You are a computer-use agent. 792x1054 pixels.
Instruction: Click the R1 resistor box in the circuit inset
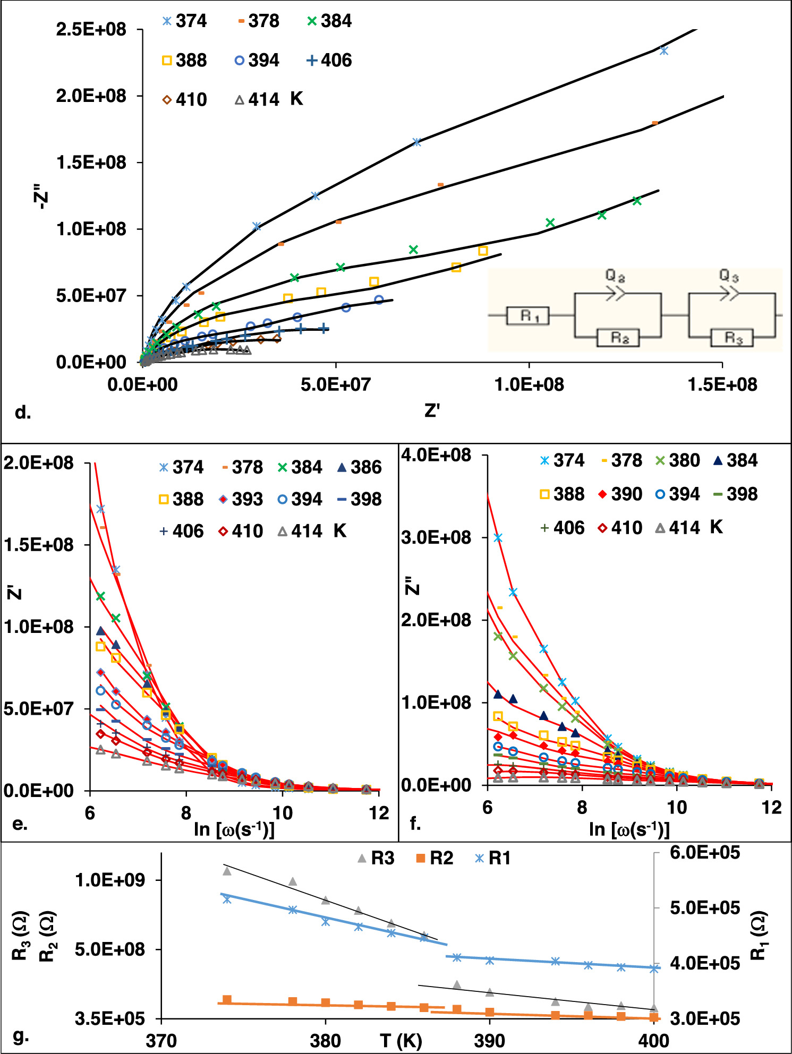coord(528,316)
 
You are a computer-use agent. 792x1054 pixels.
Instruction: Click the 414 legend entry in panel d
coord(257,99)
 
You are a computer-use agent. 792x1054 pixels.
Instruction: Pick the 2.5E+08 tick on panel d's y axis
coord(91,29)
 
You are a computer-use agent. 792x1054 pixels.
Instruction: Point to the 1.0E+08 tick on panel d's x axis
coord(529,384)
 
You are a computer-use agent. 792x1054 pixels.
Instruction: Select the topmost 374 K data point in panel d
coord(663,51)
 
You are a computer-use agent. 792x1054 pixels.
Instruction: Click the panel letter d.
coord(23,412)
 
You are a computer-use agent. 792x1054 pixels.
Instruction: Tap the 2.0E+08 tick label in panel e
coord(38,462)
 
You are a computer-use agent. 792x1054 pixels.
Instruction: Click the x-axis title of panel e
coord(234,829)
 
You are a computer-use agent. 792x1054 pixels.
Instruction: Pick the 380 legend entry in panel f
coord(677,460)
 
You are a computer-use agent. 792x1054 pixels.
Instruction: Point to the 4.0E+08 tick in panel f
coord(436,455)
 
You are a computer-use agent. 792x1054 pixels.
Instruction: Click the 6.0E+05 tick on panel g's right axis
coord(705,853)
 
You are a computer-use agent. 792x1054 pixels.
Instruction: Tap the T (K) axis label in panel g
coord(401,1041)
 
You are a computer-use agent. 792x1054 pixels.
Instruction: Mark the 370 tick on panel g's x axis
coord(161,1041)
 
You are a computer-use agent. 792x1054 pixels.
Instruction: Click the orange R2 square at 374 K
coord(227,1000)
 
